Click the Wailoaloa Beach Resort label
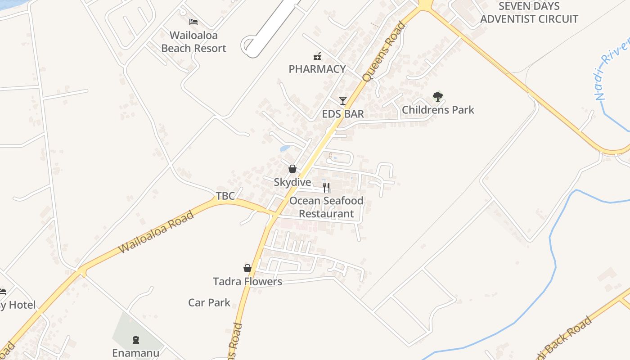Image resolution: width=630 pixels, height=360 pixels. pos(193,42)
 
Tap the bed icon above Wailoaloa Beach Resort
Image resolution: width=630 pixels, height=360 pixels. pos(193,22)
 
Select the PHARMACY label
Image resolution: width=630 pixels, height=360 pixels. pos(317,69)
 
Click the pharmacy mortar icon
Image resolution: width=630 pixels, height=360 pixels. pos(317,56)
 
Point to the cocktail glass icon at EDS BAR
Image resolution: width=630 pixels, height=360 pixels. pos(343,100)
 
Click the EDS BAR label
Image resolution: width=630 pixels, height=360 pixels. pos(343,114)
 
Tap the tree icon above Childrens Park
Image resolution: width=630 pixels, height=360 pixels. pos(437,96)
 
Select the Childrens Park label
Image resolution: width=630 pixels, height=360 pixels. pos(438,109)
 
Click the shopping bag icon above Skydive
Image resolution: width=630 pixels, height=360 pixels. pos(292,169)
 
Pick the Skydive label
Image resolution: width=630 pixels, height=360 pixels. pos(292,182)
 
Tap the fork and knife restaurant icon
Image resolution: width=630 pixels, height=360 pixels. pos(326,187)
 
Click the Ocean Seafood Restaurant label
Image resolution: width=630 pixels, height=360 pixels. pos(326,207)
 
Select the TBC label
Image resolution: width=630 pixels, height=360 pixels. pos(225,196)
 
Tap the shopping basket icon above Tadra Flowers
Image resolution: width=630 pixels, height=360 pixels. pos(247,268)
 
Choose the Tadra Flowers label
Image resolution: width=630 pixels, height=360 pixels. pos(247,282)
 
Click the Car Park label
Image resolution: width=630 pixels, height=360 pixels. pos(209,302)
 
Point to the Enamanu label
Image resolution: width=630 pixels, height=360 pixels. pos(135,353)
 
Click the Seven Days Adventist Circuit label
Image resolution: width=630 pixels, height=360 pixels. pos(529,13)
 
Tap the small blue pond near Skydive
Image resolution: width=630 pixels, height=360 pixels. pos(285,148)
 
